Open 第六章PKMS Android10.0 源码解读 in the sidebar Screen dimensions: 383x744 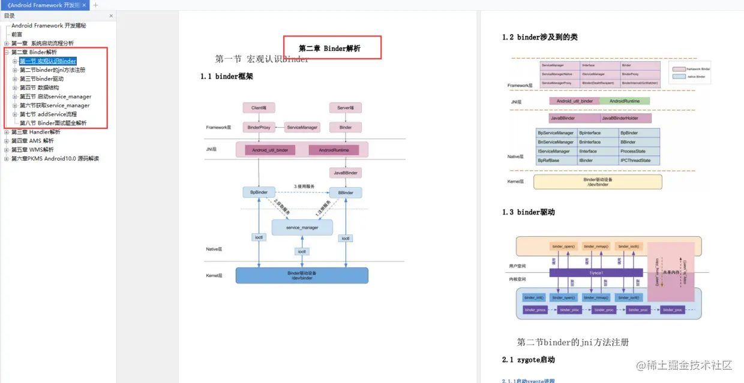pyautogui.click(x=55, y=159)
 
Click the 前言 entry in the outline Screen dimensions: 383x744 pyautogui.click(x=17, y=35)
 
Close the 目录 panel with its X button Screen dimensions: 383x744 pyautogui.click(x=111, y=16)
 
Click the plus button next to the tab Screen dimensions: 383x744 pyautogui.click(x=95, y=5)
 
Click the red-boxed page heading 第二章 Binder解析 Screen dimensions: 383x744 pyautogui.click(x=330, y=49)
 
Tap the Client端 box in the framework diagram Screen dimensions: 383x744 pyautogui.click(x=259, y=108)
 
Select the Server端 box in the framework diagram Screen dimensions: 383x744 pyautogui.click(x=346, y=108)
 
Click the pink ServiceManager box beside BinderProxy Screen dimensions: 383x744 pyautogui.click(x=302, y=128)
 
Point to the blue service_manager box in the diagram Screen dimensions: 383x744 pyautogui.click(x=302, y=228)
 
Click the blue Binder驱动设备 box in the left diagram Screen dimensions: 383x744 pyautogui.click(x=301, y=275)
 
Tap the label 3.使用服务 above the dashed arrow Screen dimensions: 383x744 pyautogui.click(x=304, y=186)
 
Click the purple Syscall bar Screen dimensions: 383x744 pyautogui.click(x=595, y=273)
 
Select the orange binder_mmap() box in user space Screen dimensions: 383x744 pyautogui.click(x=596, y=246)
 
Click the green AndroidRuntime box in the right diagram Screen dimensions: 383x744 pyautogui.click(x=625, y=101)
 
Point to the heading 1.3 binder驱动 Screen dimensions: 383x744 pyautogui.click(x=528, y=212)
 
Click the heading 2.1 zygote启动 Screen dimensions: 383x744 pyautogui.click(x=528, y=360)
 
